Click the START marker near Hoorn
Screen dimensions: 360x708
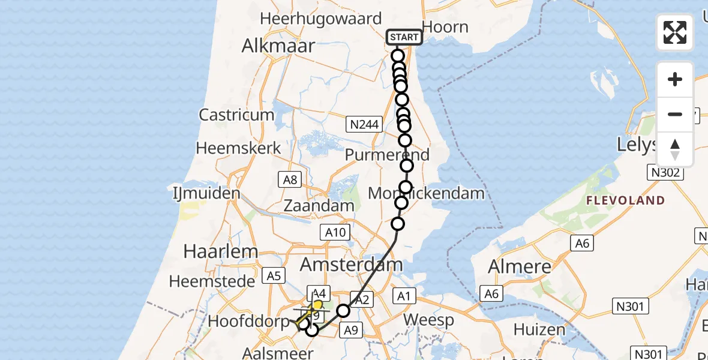click(x=404, y=37)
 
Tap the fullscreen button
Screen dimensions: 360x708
click(x=675, y=32)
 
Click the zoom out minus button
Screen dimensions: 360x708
click(x=675, y=114)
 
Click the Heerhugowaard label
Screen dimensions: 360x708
click(x=320, y=19)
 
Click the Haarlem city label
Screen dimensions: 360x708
click(x=221, y=251)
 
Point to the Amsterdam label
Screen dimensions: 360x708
click(x=352, y=265)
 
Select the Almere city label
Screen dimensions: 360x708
click(x=520, y=266)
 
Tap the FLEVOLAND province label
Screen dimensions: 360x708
click(x=626, y=200)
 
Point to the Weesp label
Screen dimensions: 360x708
click(x=428, y=319)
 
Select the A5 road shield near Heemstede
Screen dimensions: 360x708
click(x=274, y=276)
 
